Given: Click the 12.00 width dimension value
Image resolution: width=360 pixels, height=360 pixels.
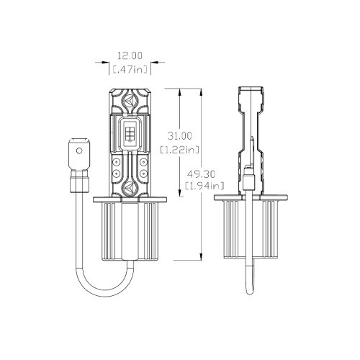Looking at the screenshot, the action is pyautogui.click(x=130, y=55).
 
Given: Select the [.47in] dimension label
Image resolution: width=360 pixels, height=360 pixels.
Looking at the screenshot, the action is pyautogui.click(x=130, y=70).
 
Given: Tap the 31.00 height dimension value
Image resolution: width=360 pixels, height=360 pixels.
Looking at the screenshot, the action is pyautogui.click(x=180, y=136).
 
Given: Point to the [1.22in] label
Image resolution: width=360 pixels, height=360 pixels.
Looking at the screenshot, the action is pyautogui.click(x=179, y=150).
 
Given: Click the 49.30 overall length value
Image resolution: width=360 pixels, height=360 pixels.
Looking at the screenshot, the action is pyautogui.click(x=202, y=174).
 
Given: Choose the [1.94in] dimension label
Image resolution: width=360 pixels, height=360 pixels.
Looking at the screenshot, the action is pyautogui.click(x=204, y=186).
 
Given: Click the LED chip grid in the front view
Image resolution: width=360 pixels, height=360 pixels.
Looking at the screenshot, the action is pyautogui.click(x=130, y=132).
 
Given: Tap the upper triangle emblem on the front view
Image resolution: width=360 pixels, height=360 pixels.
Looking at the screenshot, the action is pyautogui.click(x=130, y=99).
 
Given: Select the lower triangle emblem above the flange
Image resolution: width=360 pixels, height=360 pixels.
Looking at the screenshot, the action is pyautogui.click(x=130, y=187).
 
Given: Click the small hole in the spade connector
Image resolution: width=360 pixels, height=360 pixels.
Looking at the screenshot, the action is pyautogui.click(x=79, y=150).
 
